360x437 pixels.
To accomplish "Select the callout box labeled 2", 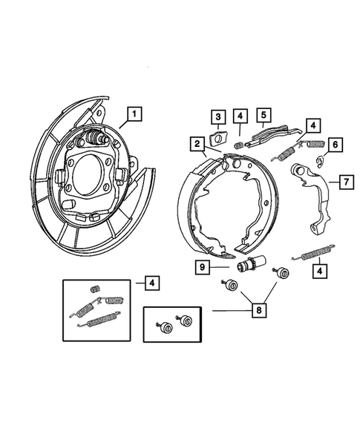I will [x=197, y=144].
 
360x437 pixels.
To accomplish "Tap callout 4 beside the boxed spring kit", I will [x=151, y=283].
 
